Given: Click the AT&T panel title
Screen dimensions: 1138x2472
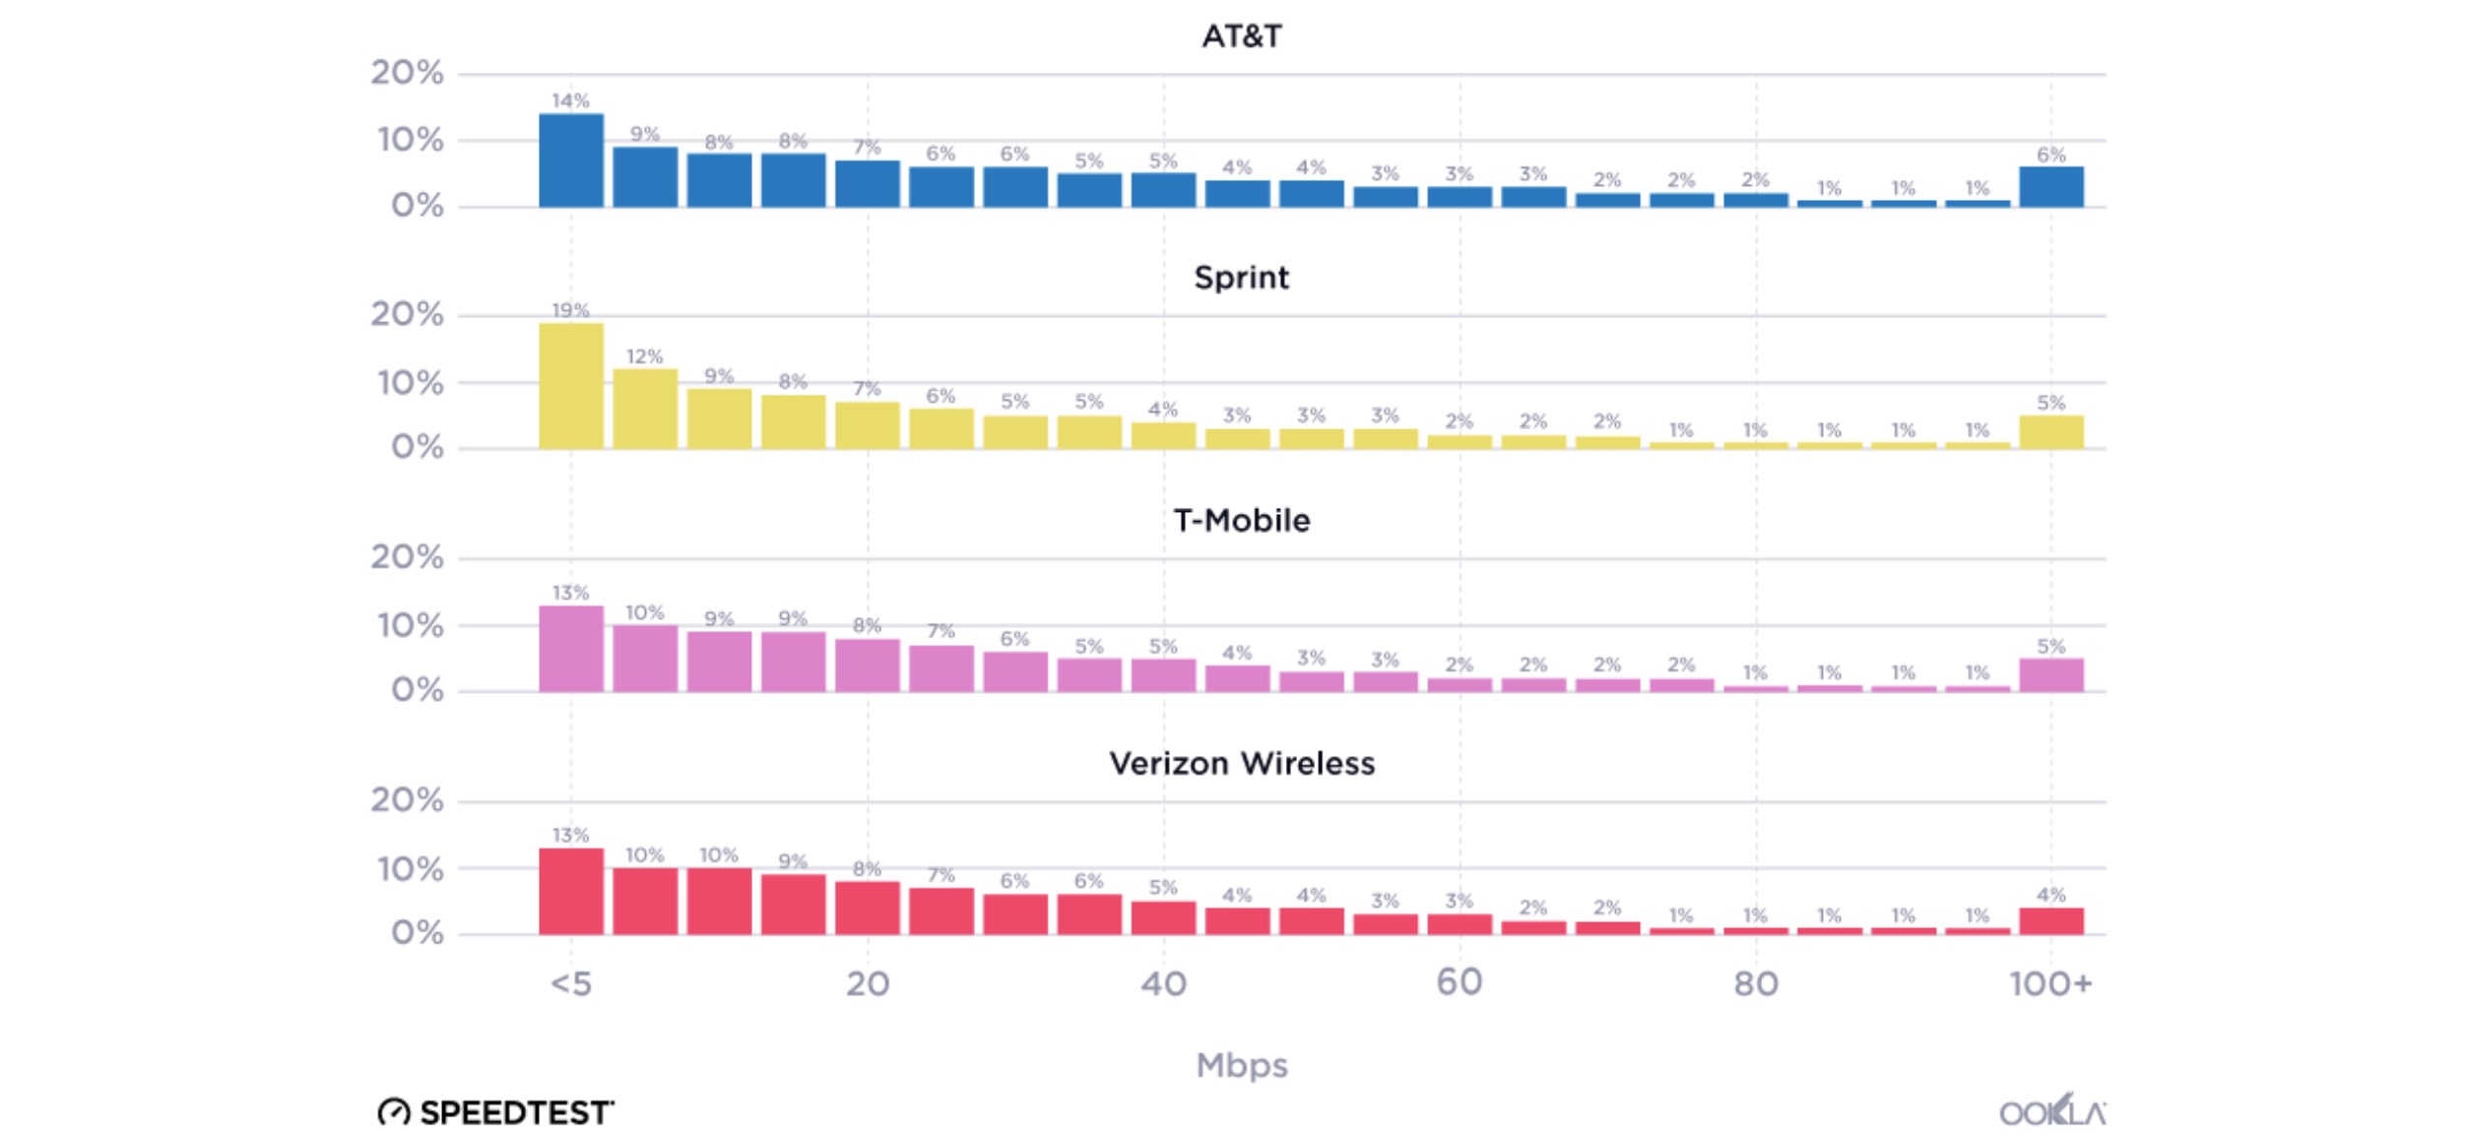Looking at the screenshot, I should tap(1241, 36).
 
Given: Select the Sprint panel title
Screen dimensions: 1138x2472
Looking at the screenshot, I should tap(1241, 278).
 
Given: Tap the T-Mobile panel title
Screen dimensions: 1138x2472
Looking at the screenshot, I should tap(1241, 520).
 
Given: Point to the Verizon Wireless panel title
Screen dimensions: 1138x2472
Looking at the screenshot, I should tap(1241, 763).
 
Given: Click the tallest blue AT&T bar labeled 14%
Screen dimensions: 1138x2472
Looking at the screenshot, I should tap(571, 160).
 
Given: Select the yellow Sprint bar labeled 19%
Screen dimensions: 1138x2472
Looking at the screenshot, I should tap(571, 386).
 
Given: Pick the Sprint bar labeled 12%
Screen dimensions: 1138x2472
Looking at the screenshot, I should tap(645, 409).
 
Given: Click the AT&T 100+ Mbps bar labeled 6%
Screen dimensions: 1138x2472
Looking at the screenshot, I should tap(2050, 187).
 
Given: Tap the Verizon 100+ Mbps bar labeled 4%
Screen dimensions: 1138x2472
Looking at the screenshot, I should tap(2050, 920).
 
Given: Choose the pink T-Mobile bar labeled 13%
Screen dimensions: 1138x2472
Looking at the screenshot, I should tap(571, 649).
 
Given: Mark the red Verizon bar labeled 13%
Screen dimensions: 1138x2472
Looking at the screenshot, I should tap(571, 891).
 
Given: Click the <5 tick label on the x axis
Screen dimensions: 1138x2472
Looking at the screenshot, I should tap(571, 983).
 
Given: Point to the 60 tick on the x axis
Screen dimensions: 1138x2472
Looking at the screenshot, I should tap(1459, 982).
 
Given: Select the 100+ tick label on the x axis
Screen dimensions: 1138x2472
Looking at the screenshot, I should tap(2050, 983).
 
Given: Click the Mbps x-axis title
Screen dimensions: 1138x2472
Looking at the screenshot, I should tap(1241, 1065).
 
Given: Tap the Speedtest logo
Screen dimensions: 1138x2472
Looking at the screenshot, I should tap(495, 1112).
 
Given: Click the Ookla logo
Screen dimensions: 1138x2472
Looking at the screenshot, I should tap(2051, 1112).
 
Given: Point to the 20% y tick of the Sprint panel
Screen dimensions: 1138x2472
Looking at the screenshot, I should tap(407, 314).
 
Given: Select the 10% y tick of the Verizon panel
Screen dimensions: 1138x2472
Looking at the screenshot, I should tap(410, 869).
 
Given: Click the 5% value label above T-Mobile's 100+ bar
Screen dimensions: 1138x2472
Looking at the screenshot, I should tap(2050, 647).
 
